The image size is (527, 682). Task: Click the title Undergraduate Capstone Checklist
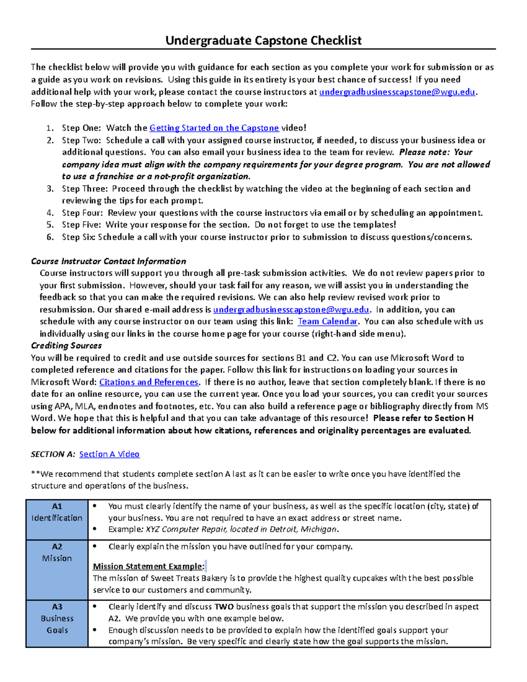click(x=263, y=41)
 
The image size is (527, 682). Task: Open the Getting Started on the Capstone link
click(x=214, y=128)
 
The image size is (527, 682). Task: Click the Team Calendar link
click(x=328, y=321)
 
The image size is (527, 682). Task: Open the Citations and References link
click(x=148, y=382)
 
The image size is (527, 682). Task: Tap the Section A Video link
click(x=109, y=454)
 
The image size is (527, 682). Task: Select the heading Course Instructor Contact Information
click(x=108, y=261)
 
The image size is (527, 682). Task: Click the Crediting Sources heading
click(x=66, y=346)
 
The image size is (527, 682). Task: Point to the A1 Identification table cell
click(x=57, y=512)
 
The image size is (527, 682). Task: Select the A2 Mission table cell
click(x=57, y=552)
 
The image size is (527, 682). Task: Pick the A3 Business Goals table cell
click(x=57, y=618)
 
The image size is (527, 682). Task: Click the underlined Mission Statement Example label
click(x=148, y=567)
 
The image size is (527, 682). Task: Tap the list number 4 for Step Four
click(x=50, y=213)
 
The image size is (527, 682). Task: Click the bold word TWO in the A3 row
click(x=224, y=607)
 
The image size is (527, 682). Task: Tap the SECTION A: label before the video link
click(x=53, y=455)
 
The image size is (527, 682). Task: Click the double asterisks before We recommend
click(x=35, y=474)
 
